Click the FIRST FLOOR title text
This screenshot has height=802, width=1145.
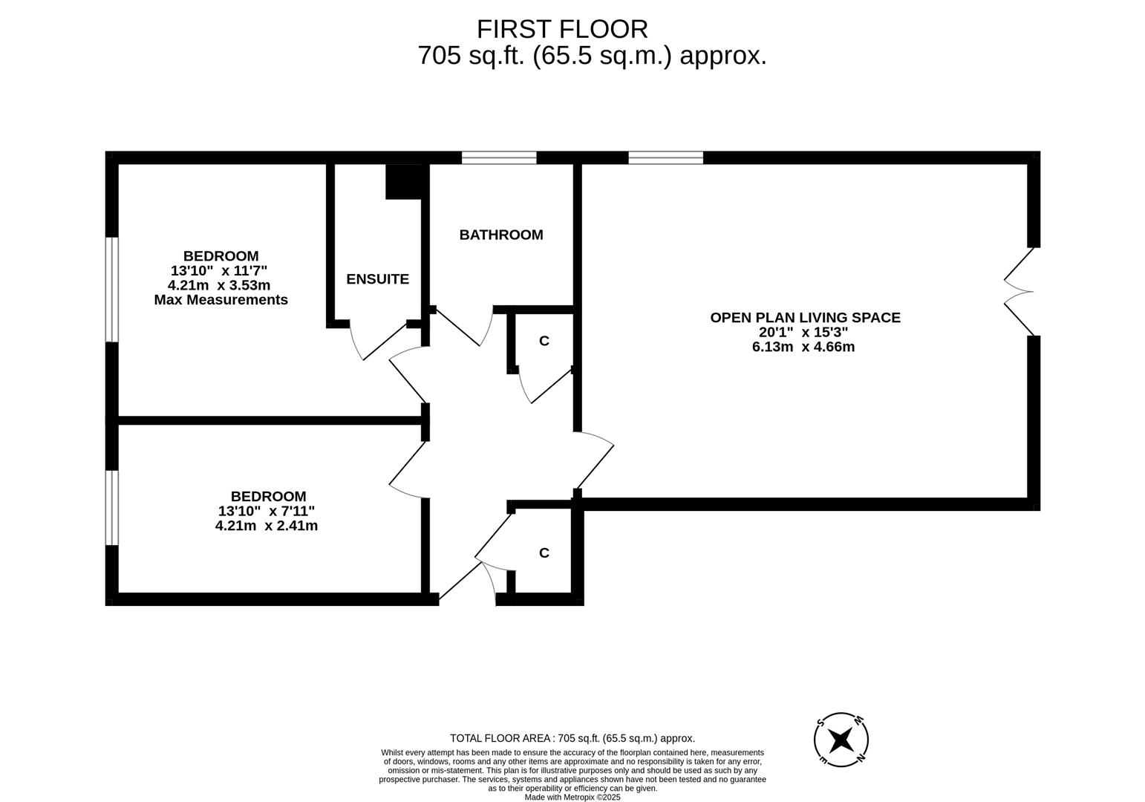(562, 29)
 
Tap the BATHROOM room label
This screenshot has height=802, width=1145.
(501, 235)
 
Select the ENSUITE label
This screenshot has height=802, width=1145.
(377, 279)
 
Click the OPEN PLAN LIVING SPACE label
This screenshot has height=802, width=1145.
(805, 318)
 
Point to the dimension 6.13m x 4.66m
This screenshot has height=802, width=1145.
(803, 347)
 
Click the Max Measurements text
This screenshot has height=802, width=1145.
(221, 300)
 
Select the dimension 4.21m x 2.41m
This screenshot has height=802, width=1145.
(267, 526)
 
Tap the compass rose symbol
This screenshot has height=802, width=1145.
(841, 740)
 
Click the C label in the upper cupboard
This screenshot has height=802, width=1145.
(544, 341)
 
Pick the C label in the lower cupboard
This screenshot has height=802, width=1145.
(544, 553)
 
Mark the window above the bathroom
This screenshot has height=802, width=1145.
(499, 157)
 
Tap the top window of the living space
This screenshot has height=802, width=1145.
(665, 157)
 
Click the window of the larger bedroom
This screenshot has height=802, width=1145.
(112, 290)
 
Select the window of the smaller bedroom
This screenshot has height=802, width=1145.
(112, 508)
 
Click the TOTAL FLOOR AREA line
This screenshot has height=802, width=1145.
(572, 738)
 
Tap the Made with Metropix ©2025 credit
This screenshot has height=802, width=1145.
(572, 797)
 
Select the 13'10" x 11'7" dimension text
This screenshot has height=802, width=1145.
(218, 271)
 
